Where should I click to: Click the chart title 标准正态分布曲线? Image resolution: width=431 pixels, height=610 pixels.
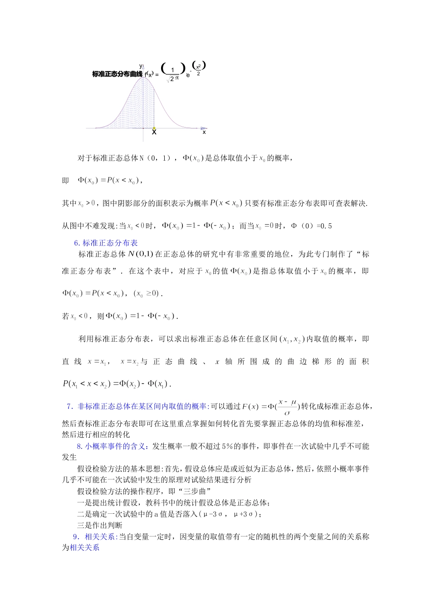point(117,74)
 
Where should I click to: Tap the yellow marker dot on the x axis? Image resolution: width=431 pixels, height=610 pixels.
point(154,128)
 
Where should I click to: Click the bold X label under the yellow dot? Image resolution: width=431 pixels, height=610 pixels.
point(154,133)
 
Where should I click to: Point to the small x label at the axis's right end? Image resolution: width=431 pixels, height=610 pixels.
point(204,132)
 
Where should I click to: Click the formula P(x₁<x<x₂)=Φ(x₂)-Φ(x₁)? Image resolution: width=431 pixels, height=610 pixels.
point(117,384)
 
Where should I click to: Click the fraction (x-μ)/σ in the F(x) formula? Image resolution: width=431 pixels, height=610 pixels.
point(287,407)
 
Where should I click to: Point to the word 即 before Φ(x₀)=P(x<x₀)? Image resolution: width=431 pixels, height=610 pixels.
point(66,181)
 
